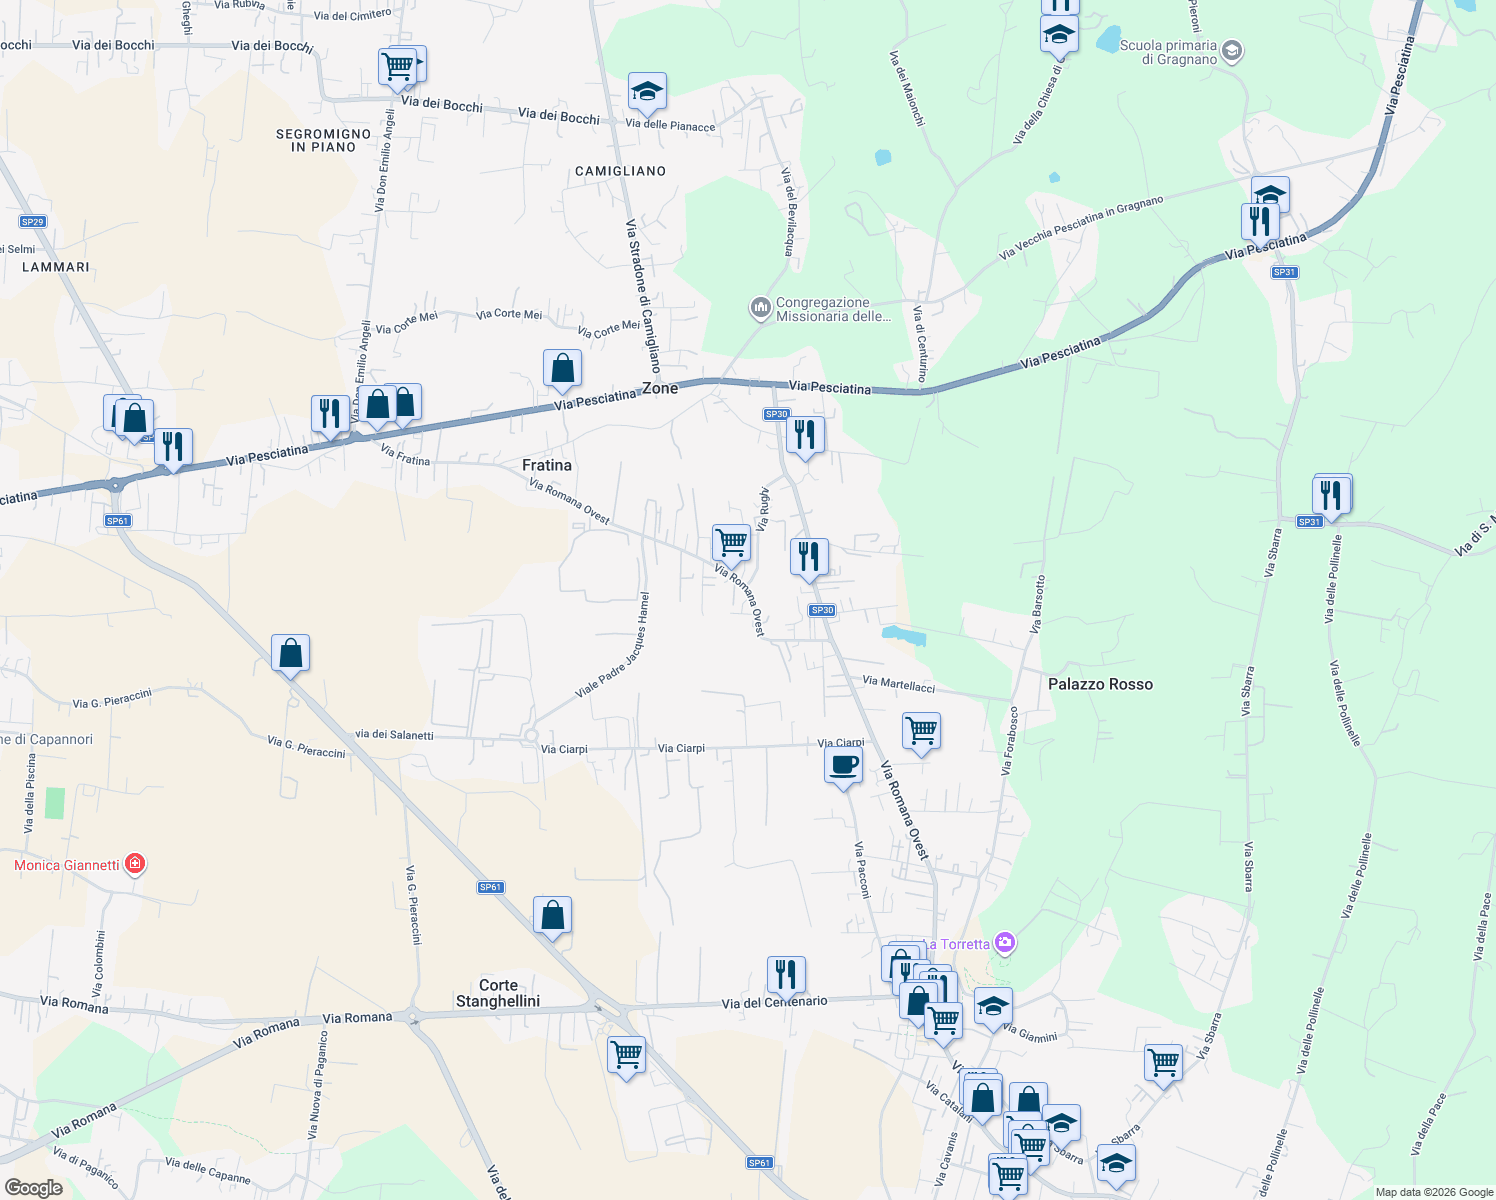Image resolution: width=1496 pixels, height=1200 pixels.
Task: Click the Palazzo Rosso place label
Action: click(1100, 684)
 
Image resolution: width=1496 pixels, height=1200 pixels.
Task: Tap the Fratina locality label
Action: click(547, 465)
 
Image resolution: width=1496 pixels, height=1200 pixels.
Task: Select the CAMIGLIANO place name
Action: click(620, 171)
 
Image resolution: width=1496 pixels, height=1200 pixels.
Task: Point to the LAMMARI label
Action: click(56, 267)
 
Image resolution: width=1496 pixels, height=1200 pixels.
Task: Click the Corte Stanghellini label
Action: click(498, 993)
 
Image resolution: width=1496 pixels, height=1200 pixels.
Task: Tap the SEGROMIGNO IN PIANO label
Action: click(323, 140)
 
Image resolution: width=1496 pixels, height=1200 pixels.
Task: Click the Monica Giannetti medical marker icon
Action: click(135, 864)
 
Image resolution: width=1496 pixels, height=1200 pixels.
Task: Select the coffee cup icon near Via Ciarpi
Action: click(844, 766)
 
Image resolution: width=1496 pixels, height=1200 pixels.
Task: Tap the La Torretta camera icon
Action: click(1005, 943)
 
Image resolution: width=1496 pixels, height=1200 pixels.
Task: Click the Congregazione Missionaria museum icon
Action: click(761, 307)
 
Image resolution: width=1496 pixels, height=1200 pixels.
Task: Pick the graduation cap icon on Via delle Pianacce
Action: click(647, 92)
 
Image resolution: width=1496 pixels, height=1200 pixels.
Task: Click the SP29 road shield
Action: click(32, 222)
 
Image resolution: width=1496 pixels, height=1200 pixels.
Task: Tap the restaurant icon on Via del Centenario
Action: click(786, 974)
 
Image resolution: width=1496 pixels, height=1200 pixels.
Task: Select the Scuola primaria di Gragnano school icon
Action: click(1232, 50)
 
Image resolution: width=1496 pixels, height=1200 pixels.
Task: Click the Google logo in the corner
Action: click(33, 1187)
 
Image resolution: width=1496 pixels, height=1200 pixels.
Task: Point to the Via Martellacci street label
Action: click(898, 684)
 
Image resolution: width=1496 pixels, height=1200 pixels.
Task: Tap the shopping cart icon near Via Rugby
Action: click(731, 543)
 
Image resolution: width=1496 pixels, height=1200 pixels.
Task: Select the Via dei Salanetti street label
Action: click(394, 735)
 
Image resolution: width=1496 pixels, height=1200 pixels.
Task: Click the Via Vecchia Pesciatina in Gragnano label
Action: click(1081, 228)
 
